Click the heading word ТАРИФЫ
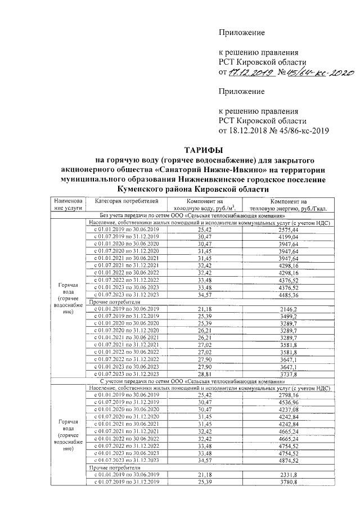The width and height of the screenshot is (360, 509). coord(204,150)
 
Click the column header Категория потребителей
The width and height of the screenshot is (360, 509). coord(122,201)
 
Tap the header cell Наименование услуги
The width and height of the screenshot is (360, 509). coord(68,205)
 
